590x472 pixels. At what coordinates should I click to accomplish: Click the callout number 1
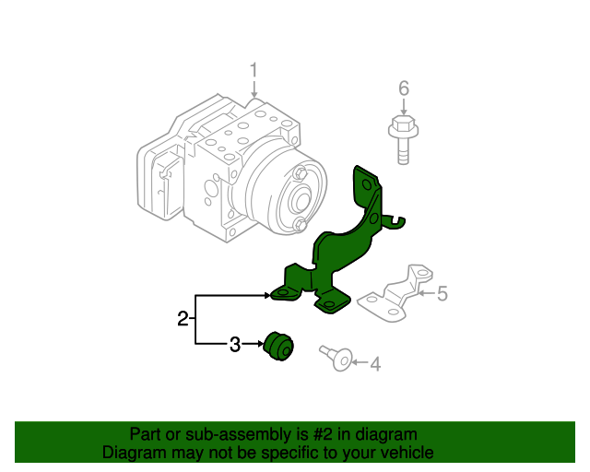click(x=254, y=71)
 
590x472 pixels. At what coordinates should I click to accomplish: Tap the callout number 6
click(x=403, y=88)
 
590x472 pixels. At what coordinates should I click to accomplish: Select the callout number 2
click(x=183, y=319)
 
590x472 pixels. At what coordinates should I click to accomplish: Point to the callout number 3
click(x=234, y=345)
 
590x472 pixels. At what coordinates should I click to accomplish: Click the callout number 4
click(x=374, y=365)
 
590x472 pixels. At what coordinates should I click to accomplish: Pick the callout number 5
click(x=442, y=294)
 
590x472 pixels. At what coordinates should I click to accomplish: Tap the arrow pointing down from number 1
click(x=254, y=90)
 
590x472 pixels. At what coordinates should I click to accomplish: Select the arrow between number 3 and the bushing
click(x=254, y=345)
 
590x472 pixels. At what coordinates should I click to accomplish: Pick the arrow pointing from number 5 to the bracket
click(x=426, y=294)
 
